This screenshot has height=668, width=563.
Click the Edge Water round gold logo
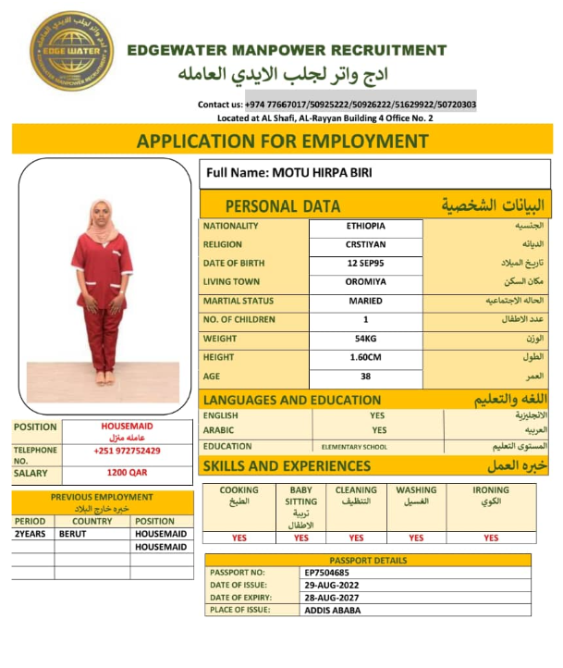[x=71, y=51]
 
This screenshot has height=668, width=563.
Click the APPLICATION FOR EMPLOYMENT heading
[x=282, y=142]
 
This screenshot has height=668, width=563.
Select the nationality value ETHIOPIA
[x=366, y=226]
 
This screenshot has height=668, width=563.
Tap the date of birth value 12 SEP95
[x=366, y=264]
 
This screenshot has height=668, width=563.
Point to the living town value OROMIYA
[x=366, y=282]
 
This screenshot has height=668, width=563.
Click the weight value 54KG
[x=366, y=339]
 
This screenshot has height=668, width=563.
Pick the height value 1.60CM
[x=366, y=357]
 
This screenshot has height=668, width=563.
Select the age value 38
[x=366, y=377]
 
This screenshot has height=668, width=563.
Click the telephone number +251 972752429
[x=127, y=451]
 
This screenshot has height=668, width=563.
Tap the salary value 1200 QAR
[x=127, y=473]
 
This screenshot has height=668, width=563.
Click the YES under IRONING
[x=491, y=538]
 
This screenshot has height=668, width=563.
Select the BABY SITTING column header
[x=301, y=496]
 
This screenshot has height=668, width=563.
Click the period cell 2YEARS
[x=31, y=535]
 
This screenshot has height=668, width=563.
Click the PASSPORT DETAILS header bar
[x=367, y=561]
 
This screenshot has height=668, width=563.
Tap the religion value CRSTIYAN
[x=366, y=245]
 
